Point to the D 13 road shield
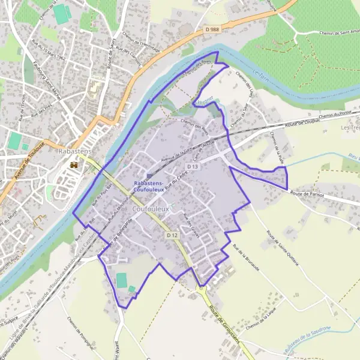[x=192, y=166]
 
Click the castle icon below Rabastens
[x=74, y=164]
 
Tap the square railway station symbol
[x=149, y=175]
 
